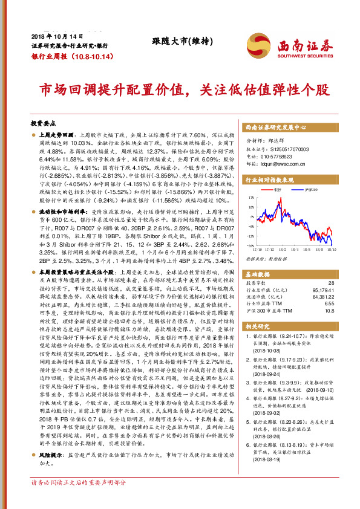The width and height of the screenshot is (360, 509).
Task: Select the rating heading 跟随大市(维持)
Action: point(176,42)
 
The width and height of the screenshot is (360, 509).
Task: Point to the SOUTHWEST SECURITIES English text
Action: point(298,54)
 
